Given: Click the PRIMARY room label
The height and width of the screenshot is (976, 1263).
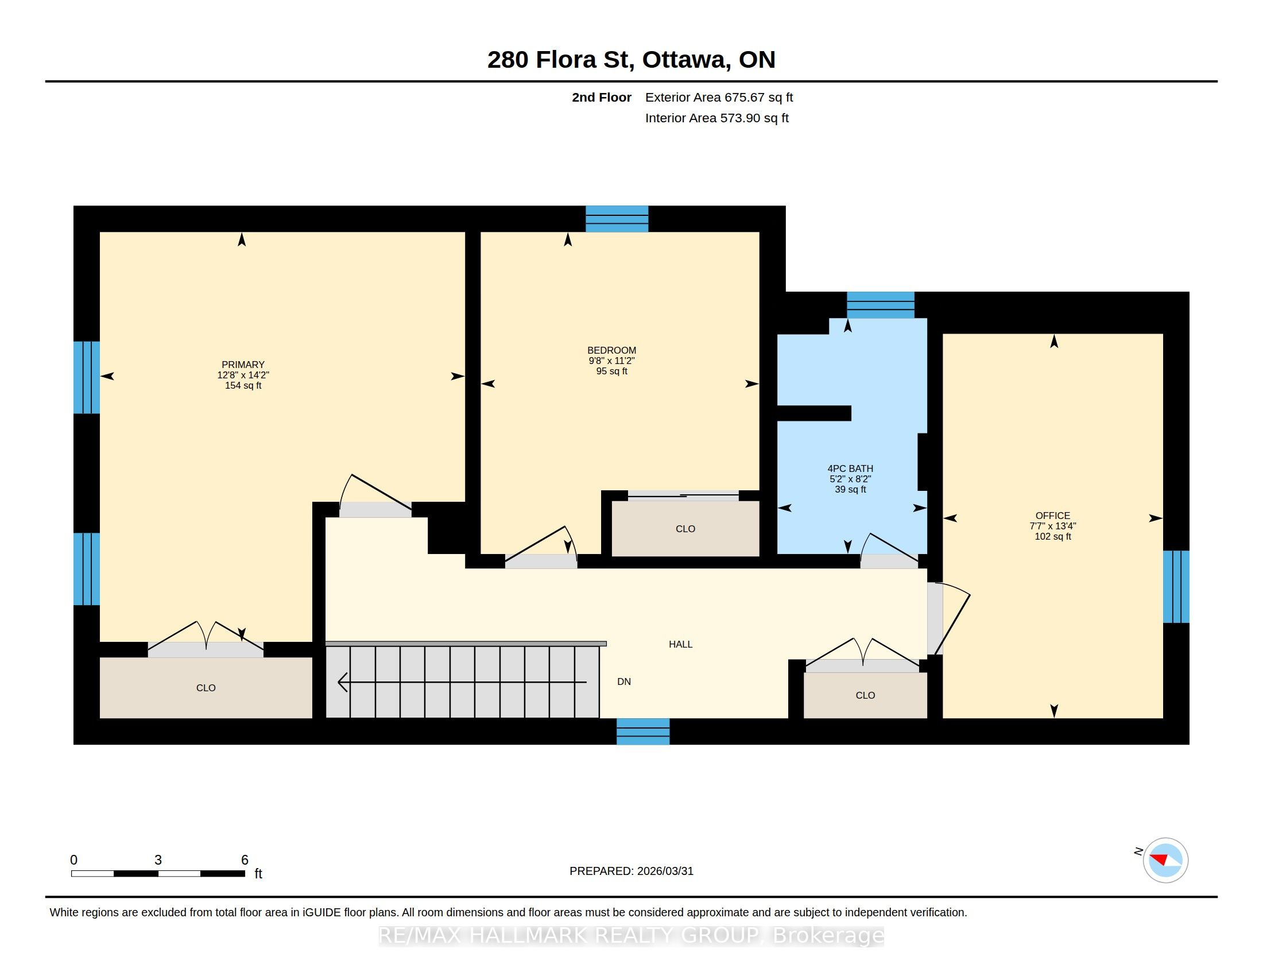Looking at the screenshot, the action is click(243, 364).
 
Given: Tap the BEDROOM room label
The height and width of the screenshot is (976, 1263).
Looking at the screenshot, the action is click(611, 350).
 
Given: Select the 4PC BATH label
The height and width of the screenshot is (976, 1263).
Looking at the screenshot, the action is click(850, 468).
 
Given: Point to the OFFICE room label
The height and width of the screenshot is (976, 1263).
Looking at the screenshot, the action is click(1052, 515).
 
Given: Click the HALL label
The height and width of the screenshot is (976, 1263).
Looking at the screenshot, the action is click(681, 644).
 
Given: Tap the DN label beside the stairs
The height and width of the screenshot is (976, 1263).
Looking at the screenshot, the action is click(624, 681).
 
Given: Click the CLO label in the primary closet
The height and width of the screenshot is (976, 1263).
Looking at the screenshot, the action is click(206, 688).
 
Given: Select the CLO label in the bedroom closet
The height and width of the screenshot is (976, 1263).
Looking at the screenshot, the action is click(685, 529).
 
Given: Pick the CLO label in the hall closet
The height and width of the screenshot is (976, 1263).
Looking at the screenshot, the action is click(865, 696).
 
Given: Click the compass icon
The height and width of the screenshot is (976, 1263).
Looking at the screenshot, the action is click(1165, 860).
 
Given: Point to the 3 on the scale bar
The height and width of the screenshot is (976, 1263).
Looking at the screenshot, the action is click(158, 860).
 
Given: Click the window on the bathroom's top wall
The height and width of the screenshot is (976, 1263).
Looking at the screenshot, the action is click(880, 305).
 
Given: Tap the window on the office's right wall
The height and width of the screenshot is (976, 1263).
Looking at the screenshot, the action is click(1176, 586).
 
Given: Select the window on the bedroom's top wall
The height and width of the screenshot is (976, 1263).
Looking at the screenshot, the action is click(617, 219).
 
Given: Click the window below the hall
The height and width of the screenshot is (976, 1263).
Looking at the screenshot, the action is click(643, 731).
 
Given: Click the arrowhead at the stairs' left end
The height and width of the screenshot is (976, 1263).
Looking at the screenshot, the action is click(342, 682).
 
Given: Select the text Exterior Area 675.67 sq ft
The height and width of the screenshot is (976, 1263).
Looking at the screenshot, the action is click(719, 97).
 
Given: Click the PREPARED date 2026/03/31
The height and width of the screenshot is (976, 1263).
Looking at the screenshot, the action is click(664, 872).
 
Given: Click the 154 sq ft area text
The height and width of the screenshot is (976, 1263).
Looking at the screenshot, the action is click(243, 386).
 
